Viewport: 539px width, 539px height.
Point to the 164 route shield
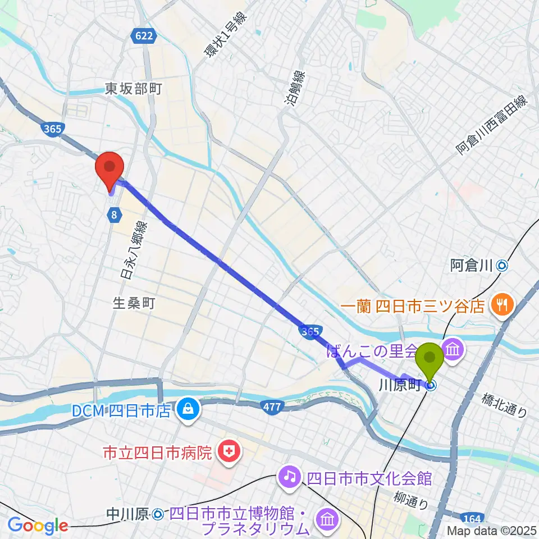(470, 517)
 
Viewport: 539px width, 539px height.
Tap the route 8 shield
(114, 214)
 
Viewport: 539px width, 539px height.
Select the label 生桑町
(133, 303)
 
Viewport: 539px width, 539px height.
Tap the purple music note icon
(289, 478)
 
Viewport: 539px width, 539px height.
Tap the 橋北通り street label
(504, 404)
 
